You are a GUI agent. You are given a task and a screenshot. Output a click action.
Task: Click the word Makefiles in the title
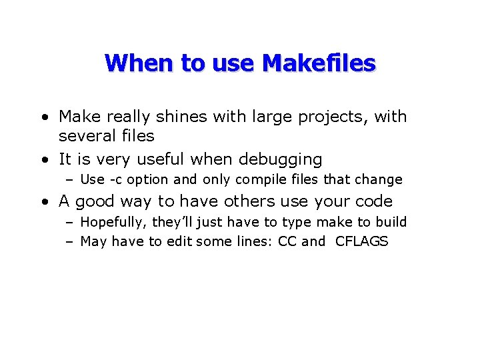click(x=319, y=63)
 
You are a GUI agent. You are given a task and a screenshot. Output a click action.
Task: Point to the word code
click(x=373, y=201)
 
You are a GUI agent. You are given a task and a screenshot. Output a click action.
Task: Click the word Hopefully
click(x=111, y=222)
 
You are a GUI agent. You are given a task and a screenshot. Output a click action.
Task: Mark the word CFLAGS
click(x=361, y=241)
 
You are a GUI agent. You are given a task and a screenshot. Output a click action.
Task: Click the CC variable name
click(x=287, y=241)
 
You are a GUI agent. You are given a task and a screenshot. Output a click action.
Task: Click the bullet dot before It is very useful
click(x=43, y=160)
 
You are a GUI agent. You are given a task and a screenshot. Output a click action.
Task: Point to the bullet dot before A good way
click(x=43, y=201)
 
